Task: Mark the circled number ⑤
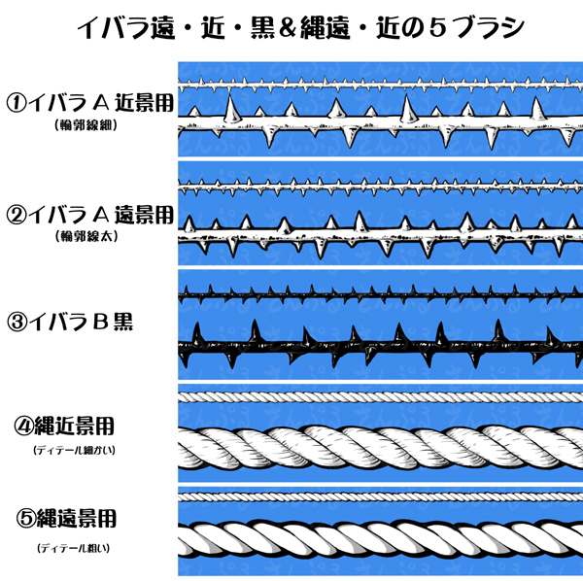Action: (x=25, y=517)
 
